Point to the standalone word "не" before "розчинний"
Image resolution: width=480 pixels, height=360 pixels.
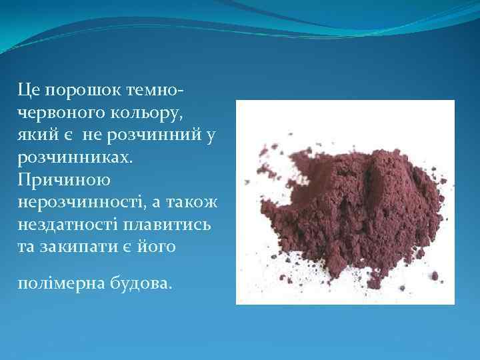[x=91, y=135]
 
